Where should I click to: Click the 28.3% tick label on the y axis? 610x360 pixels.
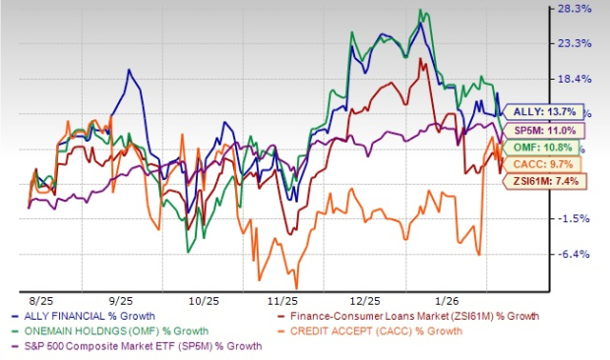pyautogui.click(x=575, y=10)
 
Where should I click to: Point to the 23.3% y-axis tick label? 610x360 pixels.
pyautogui.click(x=575, y=44)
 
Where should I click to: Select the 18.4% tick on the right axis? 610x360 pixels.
pyautogui.click(x=575, y=79)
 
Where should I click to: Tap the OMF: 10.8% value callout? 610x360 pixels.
pyautogui.click(x=545, y=147)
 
